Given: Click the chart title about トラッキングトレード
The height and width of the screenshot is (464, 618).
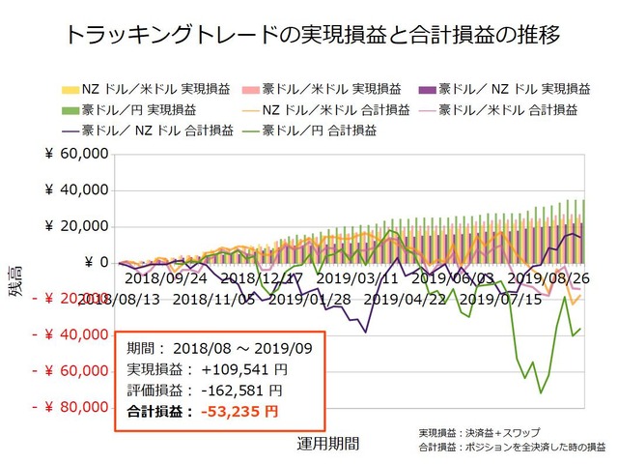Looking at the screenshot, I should coord(309,36).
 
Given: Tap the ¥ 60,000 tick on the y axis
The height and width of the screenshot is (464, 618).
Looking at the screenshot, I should coord(74,155).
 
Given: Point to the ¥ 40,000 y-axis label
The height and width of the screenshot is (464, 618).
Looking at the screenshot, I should coord(74,190).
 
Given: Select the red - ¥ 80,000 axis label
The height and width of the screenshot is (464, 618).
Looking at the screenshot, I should coord(69,407).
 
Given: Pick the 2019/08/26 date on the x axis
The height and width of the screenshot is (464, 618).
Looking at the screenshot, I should coord(548,278).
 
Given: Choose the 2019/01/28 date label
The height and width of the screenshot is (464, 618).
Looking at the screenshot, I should coord(310,299).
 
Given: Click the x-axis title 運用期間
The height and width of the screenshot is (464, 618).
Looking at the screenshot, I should coord(328,445).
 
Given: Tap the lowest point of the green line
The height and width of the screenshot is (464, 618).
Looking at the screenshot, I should coord(541,392).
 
